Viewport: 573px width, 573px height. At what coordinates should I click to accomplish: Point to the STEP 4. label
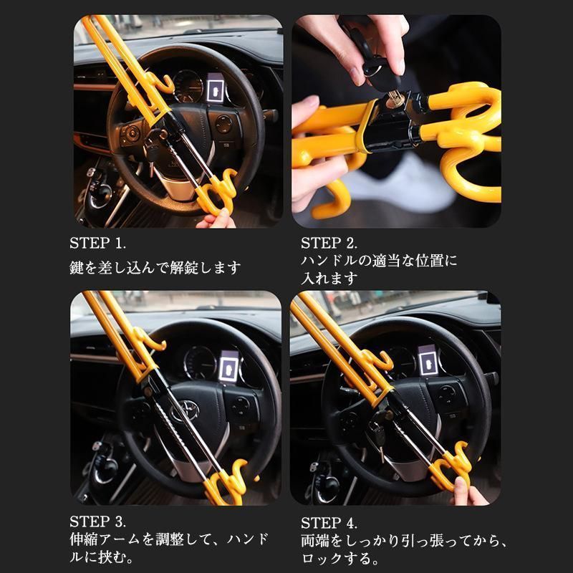[x=329, y=521]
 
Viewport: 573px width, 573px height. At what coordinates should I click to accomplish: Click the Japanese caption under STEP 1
[x=155, y=268]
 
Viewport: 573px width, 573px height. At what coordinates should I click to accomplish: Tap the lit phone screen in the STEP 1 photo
[x=214, y=90]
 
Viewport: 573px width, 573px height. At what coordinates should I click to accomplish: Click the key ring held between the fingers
[x=372, y=68]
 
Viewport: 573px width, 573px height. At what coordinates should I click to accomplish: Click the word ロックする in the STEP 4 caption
[x=334, y=556]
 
